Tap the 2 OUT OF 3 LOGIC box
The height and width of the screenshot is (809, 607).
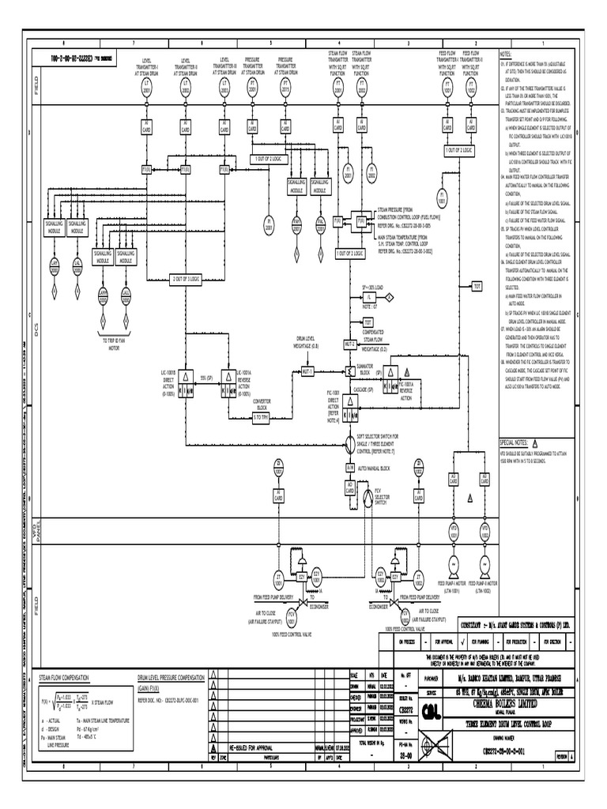point(187,278)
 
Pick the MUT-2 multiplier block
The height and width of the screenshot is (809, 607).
point(349,345)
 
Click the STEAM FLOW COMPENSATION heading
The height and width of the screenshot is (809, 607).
point(64,677)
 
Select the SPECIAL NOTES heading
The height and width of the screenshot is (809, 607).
point(515,443)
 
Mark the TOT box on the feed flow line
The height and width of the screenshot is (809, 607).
point(477,285)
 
